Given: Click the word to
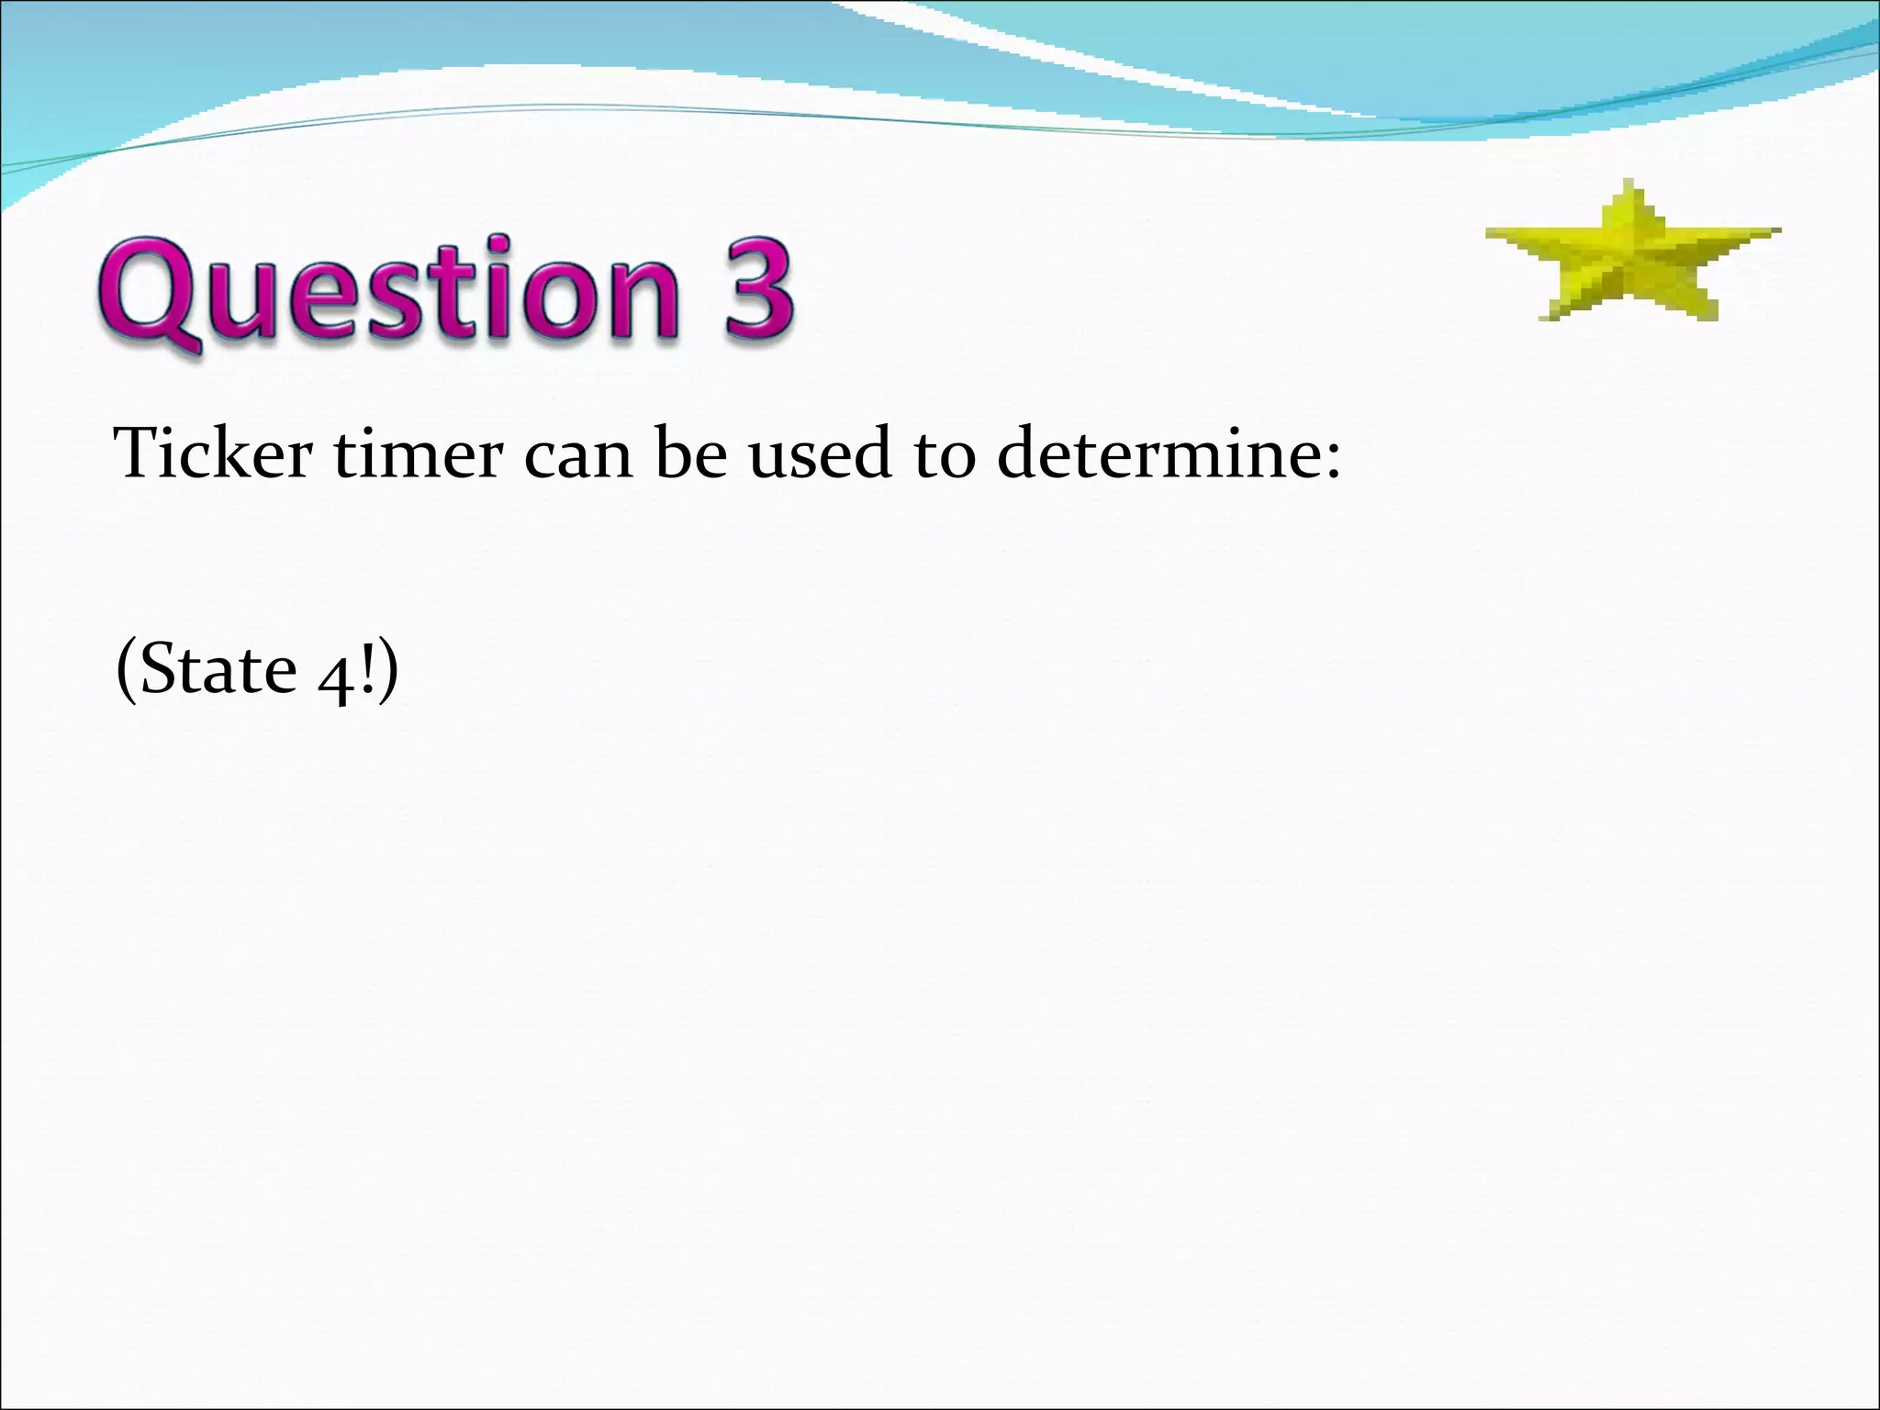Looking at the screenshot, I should (x=945, y=454).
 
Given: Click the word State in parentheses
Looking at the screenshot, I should (x=217, y=668).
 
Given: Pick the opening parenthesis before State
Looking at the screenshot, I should (x=126, y=670).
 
